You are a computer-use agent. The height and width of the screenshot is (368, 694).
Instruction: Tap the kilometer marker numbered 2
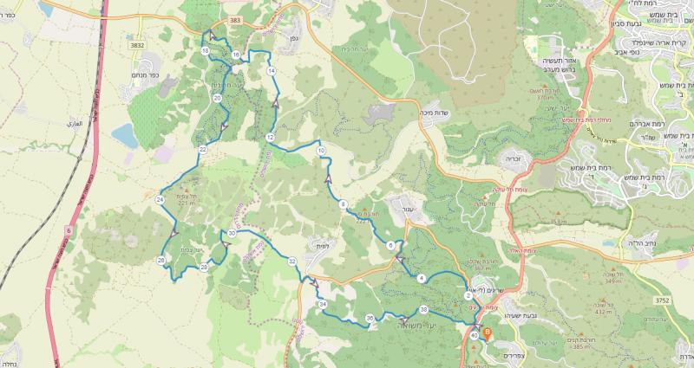(x=468, y=297)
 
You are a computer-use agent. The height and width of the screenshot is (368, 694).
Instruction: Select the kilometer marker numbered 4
(x=421, y=278)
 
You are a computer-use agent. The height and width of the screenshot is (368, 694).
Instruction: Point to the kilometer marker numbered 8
(x=344, y=205)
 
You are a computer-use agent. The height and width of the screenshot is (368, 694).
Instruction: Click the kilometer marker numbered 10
(x=321, y=151)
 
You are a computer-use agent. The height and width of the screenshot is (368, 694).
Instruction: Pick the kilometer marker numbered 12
(x=270, y=138)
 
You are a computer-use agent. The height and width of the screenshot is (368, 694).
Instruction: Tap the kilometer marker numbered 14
(x=272, y=70)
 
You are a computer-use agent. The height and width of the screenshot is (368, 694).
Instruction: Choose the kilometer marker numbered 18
(x=205, y=52)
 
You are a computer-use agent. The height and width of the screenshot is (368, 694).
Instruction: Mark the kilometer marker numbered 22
(x=202, y=150)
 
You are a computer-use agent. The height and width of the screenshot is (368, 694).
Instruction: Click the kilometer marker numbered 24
(x=160, y=200)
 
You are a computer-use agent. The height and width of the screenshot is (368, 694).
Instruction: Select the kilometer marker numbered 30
(x=232, y=234)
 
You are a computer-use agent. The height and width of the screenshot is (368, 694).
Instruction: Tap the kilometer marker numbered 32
(x=292, y=261)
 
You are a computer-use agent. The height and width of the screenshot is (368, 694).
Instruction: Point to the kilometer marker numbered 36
(x=370, y=319)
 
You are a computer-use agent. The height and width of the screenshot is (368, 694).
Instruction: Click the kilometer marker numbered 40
(x=475, y=335)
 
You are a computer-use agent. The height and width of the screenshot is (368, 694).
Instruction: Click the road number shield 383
(x=234, y=18)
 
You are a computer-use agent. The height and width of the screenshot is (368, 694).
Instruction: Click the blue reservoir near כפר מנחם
(x=123, y=135)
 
